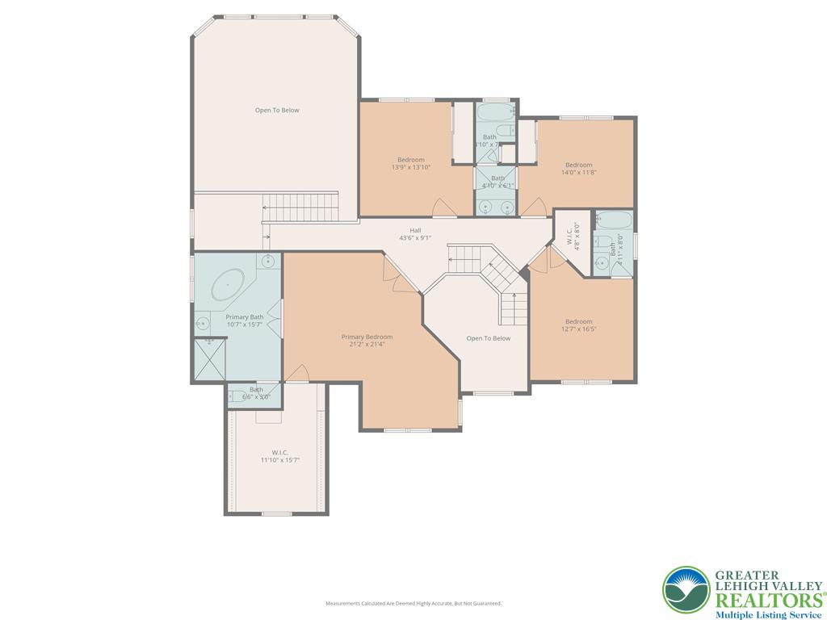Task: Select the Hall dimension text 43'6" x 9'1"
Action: (415, 237)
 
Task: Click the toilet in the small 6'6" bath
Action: (238, 396)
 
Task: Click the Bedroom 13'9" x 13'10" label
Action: (410, 163)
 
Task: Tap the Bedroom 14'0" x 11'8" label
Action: (578, 168)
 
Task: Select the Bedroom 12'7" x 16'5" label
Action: (578, 325)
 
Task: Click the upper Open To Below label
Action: (277, 110)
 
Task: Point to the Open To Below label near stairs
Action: (489, 338)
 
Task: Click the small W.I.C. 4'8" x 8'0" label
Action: (572, 235)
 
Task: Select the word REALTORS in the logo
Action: (766, 599)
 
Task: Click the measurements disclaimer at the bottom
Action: (413, 603)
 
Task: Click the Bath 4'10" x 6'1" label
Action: (497, 182)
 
